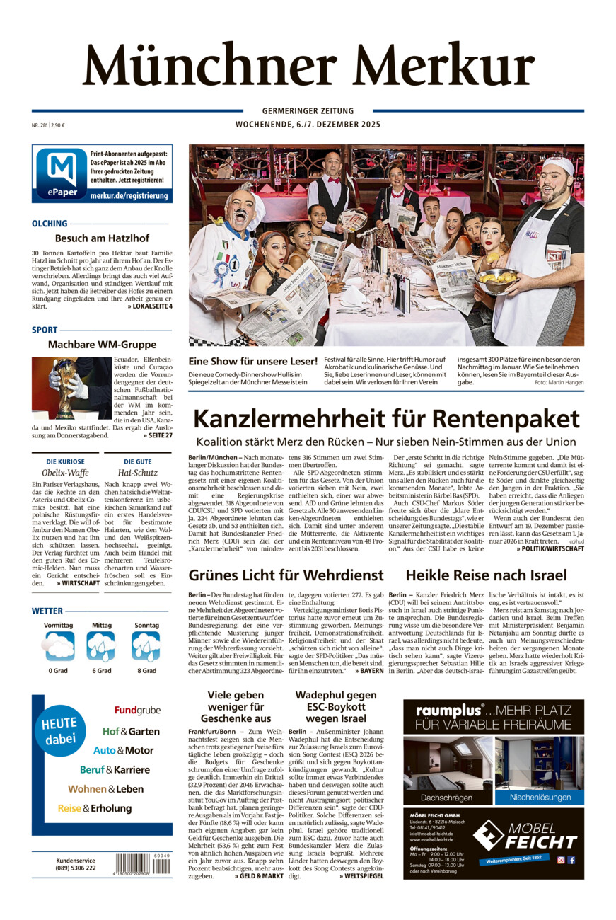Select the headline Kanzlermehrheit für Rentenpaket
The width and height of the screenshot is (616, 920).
click(386, 419)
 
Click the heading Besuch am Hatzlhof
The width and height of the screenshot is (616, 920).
click(100, 238)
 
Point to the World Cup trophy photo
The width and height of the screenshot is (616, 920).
click(71, 387)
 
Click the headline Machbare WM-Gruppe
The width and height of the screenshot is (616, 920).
click(102, 345)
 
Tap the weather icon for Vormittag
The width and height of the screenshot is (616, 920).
click(59, 646)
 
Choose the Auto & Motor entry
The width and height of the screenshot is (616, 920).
click(123, 750)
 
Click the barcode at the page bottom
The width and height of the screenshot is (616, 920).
click(142, 864)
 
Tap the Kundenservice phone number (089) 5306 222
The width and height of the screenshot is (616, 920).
click(76, 868)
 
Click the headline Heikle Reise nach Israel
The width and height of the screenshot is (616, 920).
click(486, 575)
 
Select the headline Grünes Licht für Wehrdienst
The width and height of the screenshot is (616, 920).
click(286, 575)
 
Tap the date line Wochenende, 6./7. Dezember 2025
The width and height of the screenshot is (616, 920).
click(308, 125)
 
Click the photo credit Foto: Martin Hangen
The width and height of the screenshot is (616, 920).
click(559, 382)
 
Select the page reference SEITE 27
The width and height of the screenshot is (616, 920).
click(157, 435)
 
